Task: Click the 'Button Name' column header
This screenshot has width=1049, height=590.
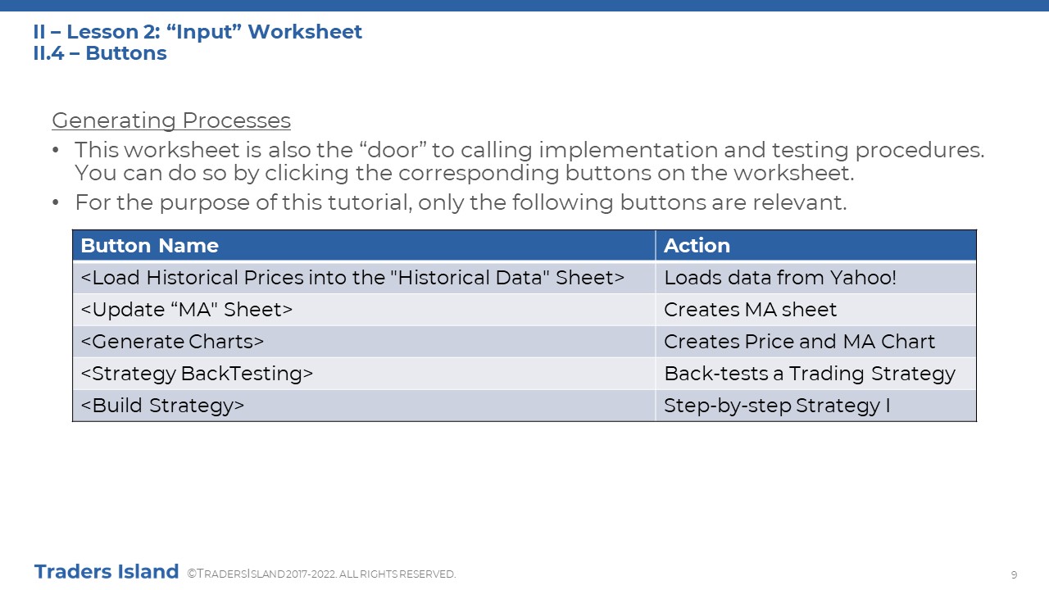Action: [x=364, y=245]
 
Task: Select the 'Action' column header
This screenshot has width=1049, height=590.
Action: [x=815, y=245]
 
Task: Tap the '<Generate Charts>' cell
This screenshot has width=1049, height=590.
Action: [x=364, y=342]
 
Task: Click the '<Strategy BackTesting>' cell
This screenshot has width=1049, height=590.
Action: [x=364, y=374]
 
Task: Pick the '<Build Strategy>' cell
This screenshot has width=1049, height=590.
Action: [x=364, y=406]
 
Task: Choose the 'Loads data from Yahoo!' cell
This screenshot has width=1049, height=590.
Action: [x=815, y=278]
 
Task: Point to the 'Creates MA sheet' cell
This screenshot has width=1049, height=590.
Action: [x=815, y=310]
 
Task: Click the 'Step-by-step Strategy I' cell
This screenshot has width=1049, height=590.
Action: [x=815, y=406]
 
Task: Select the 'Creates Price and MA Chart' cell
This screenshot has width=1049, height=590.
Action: [x=815, y=342]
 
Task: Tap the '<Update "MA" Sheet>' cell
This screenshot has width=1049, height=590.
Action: [x=364, y=310]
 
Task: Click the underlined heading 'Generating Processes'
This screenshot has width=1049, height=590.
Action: [x=171, y=120]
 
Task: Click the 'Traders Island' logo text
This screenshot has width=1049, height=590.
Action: [x=107, y=572]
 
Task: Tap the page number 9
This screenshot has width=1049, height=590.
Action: [x=1014, y=574]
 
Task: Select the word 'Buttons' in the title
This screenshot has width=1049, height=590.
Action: [x=126, y=53]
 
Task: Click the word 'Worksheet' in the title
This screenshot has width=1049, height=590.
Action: [x=304, y=32]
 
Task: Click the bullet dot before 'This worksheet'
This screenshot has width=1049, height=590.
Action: [x=56, y=150]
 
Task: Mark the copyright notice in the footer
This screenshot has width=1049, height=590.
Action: [x=321, y=574]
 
